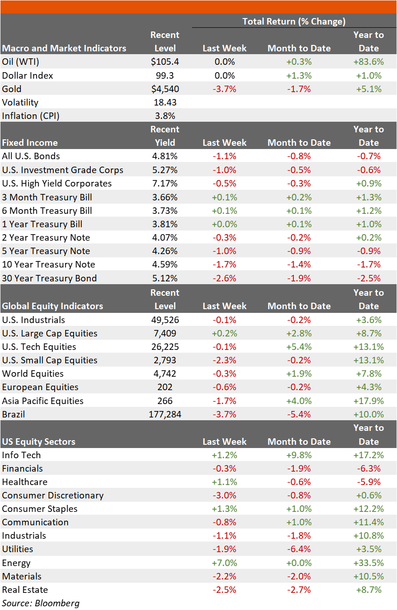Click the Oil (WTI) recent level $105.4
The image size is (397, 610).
[x=165, y=62]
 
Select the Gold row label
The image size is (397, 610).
[x=12, y=89]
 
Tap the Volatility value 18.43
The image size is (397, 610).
[x=165, y=102]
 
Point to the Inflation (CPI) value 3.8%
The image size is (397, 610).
[x=165, y=116]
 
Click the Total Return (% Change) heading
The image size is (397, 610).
[x=294, y=21]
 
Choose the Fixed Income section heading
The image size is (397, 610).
[x=30, y=143]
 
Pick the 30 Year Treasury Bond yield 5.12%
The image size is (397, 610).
[x=165, y=278]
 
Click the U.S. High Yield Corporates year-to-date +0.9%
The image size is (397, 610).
[x=369, y=184]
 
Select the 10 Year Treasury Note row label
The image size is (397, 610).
[x=49, y=264]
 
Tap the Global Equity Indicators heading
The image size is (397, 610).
[x=53, y=306]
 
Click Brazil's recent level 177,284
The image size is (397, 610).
[x=165, y=415]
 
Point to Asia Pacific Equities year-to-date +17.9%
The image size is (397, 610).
[x=369, y=401]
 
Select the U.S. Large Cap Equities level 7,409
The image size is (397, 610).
[x=165, y=333]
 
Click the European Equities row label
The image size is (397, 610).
[x=40, y=387]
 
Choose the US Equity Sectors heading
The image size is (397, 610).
[x=39, y=442]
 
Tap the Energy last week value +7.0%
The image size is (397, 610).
[x=224, y=563]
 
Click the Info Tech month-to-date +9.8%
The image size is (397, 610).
[x=299, y=455]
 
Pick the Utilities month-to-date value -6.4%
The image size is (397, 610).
[x=299, y=549]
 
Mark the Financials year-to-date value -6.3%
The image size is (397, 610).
[x=369, y=469]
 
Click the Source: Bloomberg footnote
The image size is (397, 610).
[x=41, y=603]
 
